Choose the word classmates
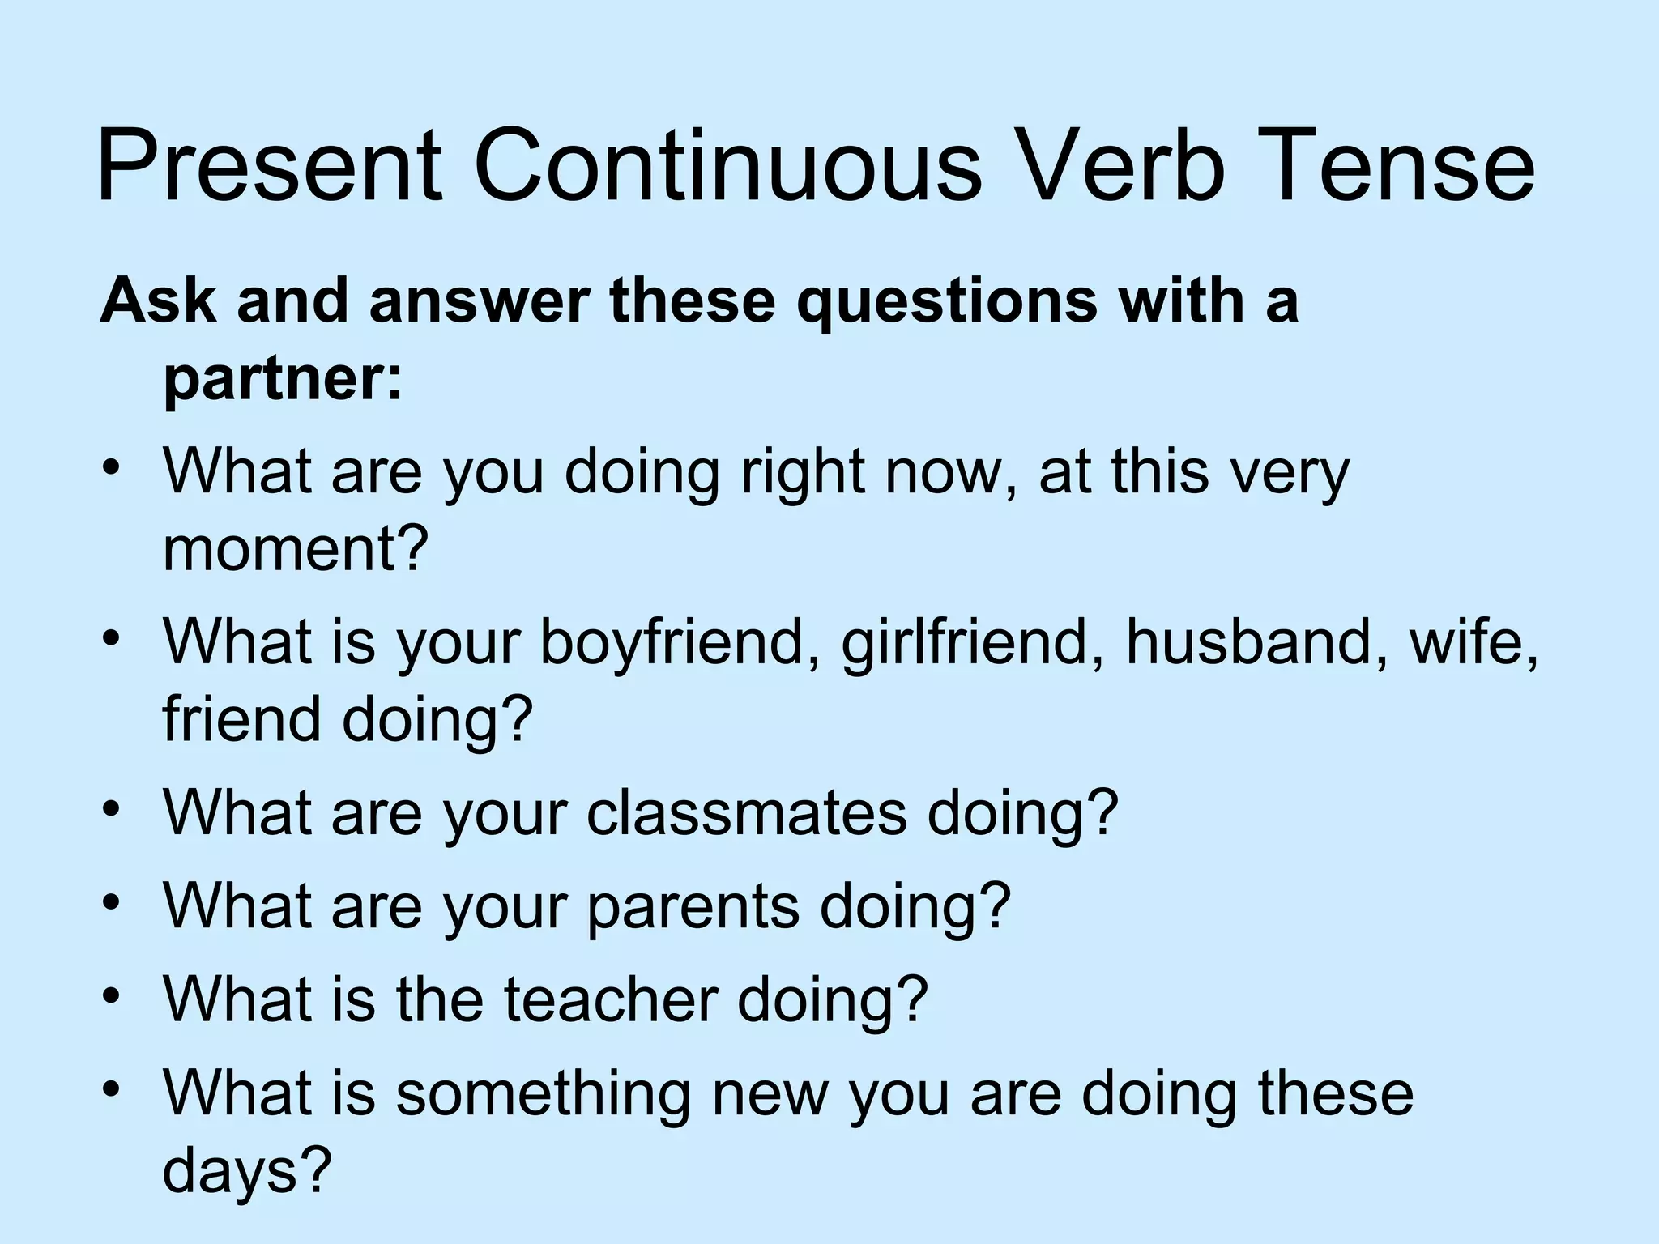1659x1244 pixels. click(745, 813)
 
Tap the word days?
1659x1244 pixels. click(248, 1169)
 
